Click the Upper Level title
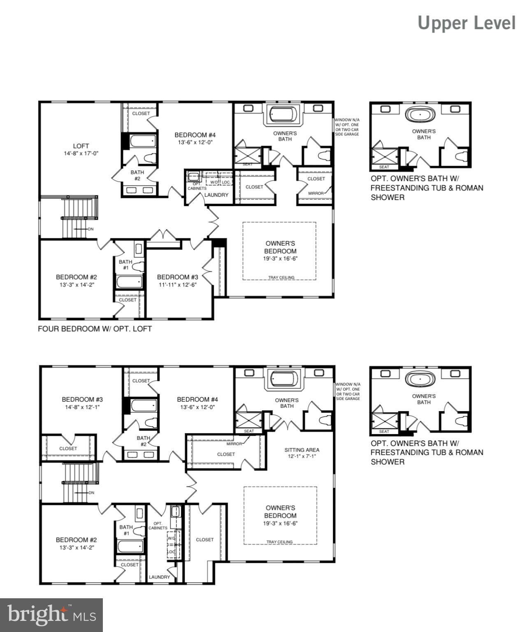click(467, 23)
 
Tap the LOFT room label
click(81, 146)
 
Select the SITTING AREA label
click(302, 450)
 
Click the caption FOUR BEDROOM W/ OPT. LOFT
click(95, 329)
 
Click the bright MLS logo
click(51, 615)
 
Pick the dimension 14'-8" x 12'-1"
click(82, 407)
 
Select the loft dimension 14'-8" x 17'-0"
click(81, 153)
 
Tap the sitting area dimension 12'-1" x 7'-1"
click(302, 456)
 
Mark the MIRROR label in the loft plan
click(316, 193)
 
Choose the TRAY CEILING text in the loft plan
click(281, 277)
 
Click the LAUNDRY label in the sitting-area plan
click(159, 577)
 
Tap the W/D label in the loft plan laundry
click(214, 182)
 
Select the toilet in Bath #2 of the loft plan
click(150, 158)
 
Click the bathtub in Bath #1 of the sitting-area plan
click(130, 547)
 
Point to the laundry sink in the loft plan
click(193, 177)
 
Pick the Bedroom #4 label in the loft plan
click(195, 135)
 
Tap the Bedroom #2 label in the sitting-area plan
click(77, 540)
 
